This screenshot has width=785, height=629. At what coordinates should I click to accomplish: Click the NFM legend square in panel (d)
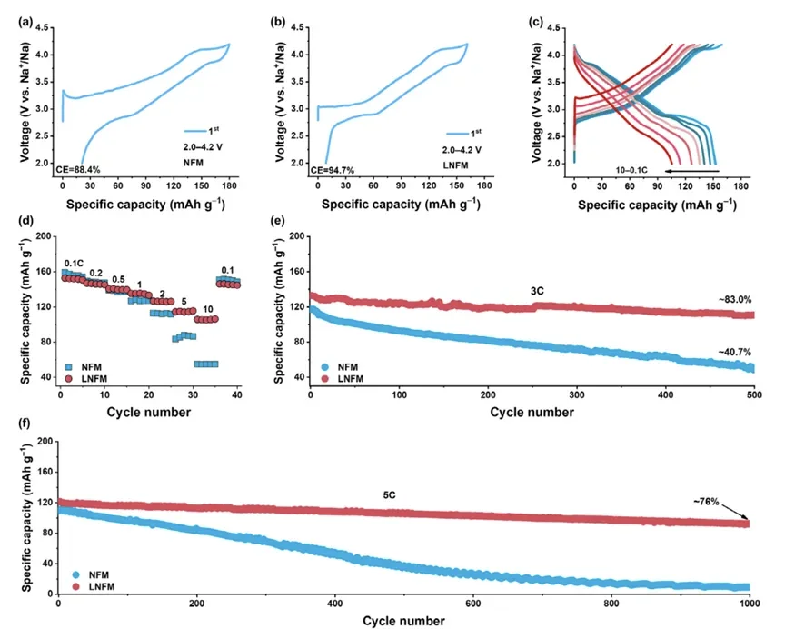tap(68, 363)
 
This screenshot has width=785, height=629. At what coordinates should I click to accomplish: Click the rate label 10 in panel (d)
tap(207, 309)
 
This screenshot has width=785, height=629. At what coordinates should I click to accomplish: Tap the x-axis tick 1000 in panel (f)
tap(749, 604)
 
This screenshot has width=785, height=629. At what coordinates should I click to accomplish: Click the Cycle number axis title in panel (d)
tap(147, 412)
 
